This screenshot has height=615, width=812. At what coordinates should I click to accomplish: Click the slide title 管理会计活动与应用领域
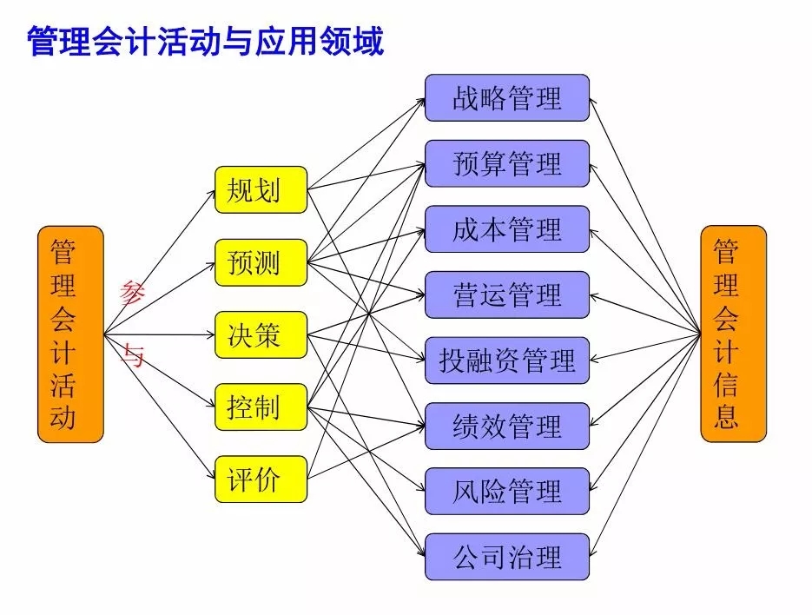pyautogui.click(x=206, y=42)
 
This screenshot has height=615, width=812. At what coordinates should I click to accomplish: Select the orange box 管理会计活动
pyautogui.click(x=71, y=334)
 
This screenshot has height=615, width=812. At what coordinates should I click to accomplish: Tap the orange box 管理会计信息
pyautogui.click(x=733, y=334)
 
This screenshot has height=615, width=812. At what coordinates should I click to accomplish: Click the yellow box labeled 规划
pyautogui.click(x=261, y=189)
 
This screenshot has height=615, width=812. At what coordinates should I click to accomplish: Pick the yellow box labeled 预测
pyautogui.click(x=261, y=262)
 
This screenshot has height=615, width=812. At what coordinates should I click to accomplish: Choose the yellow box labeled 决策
pyautogui.click(x=261, y=334)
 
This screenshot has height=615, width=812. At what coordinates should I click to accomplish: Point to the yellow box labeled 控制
pyautogui.click(x=261, y=407)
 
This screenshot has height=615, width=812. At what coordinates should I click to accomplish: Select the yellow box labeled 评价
pyautogui.click(x=261, y=479)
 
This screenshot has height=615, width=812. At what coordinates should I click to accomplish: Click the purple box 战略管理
pyautogui.click(x=507, y=98)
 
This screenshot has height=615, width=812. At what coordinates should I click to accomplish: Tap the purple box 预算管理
pyautogui.click(x=507, y=163)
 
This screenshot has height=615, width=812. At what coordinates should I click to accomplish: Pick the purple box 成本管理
pyautogui.click(x=507, y=229)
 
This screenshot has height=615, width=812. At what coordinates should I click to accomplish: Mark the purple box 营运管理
pyautogui.click(x=507, y=294)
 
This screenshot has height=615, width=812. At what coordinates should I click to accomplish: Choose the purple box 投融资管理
pyautogui.click(x=507, y=360)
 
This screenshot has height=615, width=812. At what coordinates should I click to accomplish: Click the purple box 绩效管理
pyautogui.click(x=507, y=426)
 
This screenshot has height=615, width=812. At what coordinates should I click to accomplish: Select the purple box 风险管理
pyautogui.click(x=507, y=491)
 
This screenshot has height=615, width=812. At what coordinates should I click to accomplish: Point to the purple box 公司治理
pyautogui.click(x=507, y=557)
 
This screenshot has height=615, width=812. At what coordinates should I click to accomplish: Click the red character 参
pyautogui.click(x=131, y=294)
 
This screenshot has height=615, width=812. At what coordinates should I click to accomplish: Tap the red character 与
pyautogui.click(x=133, y=355)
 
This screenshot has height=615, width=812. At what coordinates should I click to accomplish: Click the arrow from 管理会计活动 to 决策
pyautogui.click(x=160, y=334)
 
